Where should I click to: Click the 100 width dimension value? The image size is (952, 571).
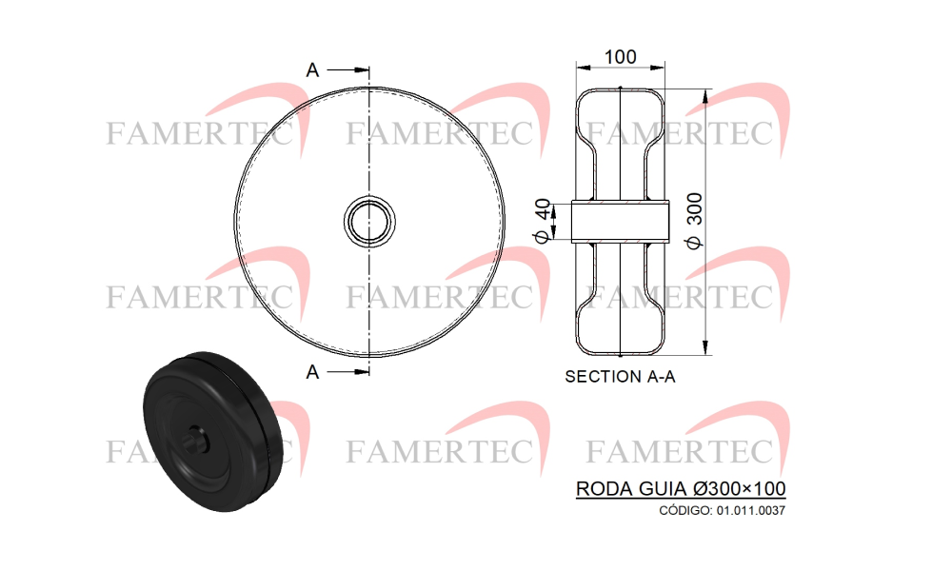click(x=620, y=57)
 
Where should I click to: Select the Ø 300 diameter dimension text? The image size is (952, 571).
click(x=694, y=220)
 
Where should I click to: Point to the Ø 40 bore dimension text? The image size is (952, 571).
click(x=544, y=221)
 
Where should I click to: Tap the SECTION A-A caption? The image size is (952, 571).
click(x=620, y=377)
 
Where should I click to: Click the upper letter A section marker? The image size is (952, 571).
click(x=312, y=70)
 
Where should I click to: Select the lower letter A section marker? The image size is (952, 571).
click(x=312, y=372)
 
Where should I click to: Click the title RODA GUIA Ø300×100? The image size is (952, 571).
click(x=681, y=488)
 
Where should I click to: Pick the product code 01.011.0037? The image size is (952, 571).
click(x=750, y=510)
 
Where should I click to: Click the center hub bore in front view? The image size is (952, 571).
click(x=369, y=222)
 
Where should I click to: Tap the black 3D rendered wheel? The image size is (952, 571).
click(x=212, y=431)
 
